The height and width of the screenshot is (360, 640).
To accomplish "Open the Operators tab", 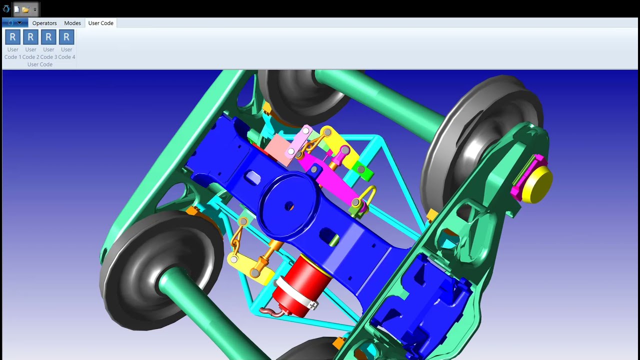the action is pos(44,23).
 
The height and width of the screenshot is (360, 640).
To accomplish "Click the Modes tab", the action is pos(72,23).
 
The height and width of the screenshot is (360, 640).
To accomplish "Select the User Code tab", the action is pos(101,23).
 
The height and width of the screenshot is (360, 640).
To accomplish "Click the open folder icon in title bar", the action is pos(25,9).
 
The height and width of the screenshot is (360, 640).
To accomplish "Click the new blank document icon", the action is pos(17,9).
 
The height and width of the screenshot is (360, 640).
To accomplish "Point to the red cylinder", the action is pos(301,285).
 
